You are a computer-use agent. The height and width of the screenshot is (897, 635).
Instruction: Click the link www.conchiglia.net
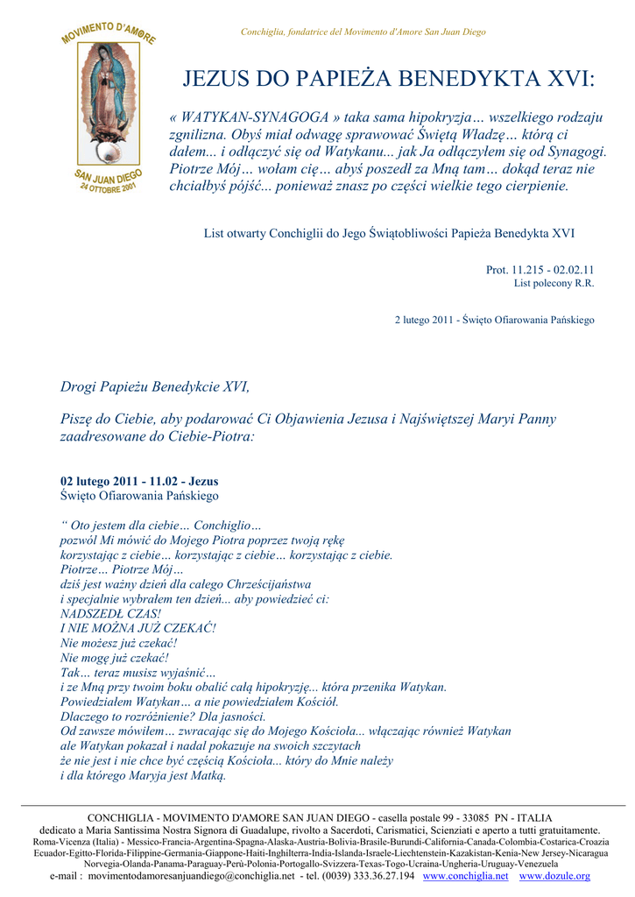point(465,876)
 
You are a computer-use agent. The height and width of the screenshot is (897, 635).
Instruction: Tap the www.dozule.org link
point(554,876)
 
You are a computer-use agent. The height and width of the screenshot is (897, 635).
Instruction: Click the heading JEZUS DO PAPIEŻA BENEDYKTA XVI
point(388,80)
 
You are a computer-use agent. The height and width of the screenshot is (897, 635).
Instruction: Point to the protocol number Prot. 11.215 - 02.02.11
point(540,270)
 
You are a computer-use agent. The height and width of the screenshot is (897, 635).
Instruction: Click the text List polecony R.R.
point(554,283)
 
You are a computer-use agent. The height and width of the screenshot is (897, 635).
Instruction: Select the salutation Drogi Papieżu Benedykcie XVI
point(154,386)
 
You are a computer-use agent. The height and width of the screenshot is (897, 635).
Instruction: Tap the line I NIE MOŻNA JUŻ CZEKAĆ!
point(138,628)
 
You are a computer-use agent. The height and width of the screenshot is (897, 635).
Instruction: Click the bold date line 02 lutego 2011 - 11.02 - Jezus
point(139,481)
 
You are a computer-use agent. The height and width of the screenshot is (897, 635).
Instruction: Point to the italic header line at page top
point(363,32)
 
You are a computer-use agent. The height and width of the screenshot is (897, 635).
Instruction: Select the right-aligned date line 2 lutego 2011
point(494,320)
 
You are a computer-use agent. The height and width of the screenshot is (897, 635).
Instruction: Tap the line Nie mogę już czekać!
point(114,657)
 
